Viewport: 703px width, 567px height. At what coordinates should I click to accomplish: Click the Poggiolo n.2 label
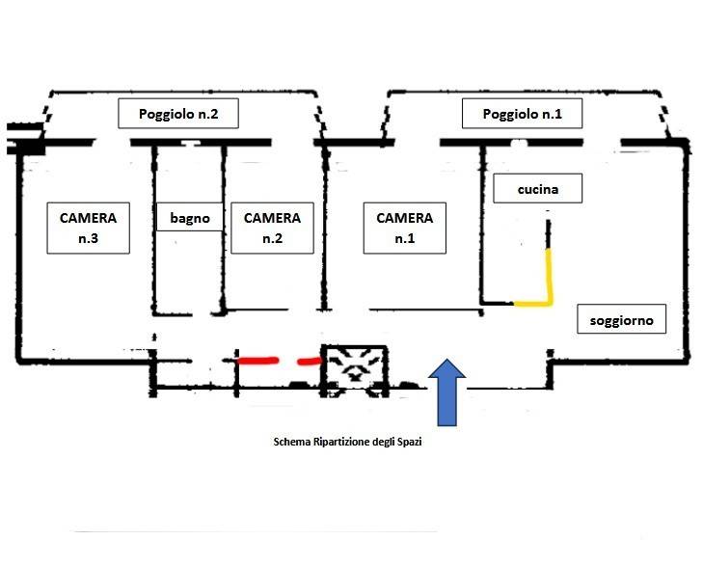coord(178,114)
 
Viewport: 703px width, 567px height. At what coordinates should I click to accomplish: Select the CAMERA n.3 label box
coord(88,228)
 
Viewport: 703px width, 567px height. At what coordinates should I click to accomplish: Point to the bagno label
coord(190,218)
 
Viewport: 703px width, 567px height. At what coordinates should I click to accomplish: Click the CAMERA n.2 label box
coord(272,228)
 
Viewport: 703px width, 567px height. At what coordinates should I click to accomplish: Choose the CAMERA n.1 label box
coord(405,228)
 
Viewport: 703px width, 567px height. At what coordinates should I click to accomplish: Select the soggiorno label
coord(622,319)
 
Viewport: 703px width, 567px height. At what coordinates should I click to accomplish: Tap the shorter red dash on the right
coord(309,361)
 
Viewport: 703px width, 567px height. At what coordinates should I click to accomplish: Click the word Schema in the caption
coord(293,443)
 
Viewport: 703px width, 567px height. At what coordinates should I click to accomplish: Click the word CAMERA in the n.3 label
coord(88,218)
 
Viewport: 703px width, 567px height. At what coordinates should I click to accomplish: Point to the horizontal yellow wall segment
coord(531,303)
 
